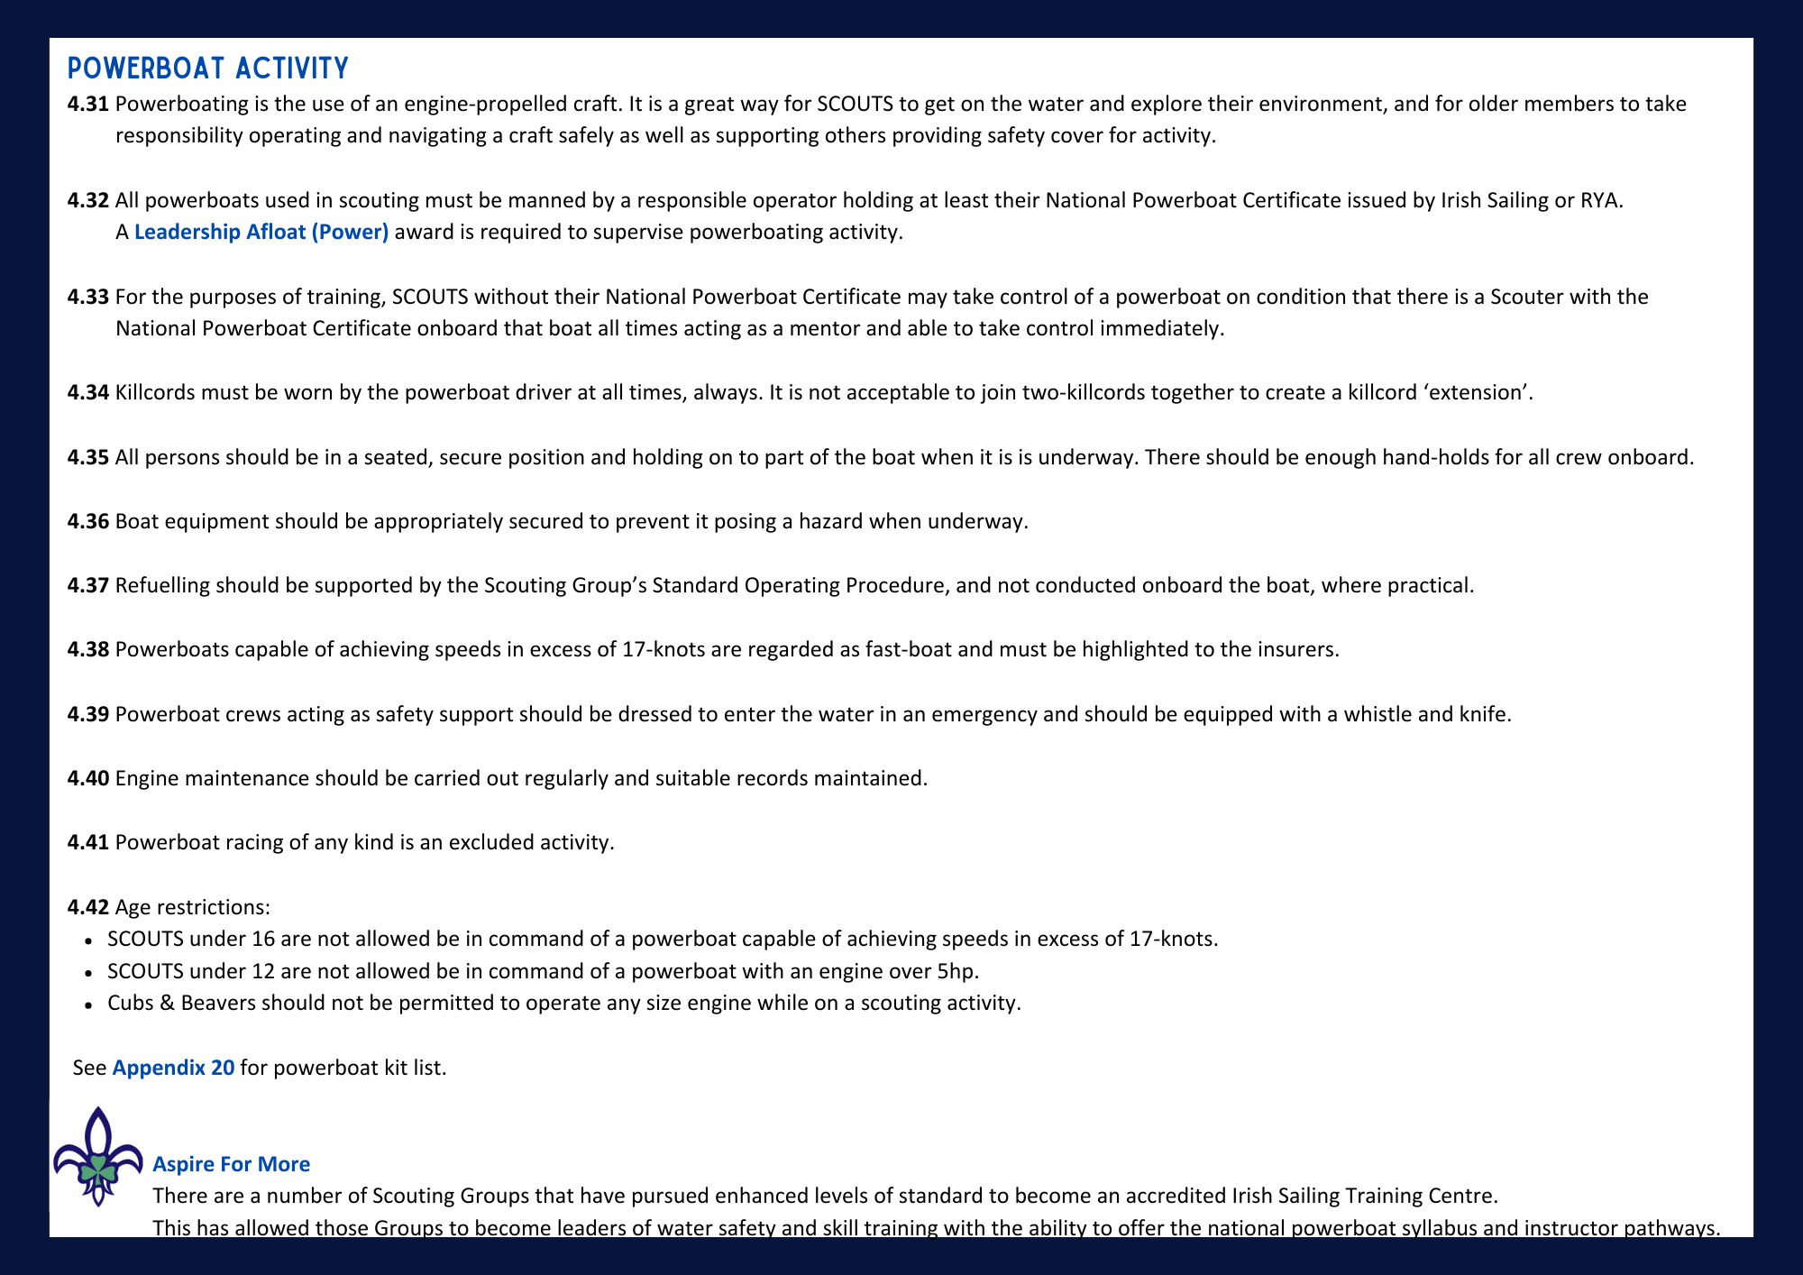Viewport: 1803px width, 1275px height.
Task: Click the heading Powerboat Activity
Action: tap(208, 69)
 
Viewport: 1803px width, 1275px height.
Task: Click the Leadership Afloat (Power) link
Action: tap(261, 232)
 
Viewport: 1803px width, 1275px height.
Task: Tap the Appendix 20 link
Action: tap(173, 1068)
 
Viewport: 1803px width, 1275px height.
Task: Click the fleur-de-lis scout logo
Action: tap(97, 1157)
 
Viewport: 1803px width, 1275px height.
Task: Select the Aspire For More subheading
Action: tap(232, 1164)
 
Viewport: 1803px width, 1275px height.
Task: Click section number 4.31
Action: tap(88, 104)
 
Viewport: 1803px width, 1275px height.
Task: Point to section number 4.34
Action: tap(88, 392)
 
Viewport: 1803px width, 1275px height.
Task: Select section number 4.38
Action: tap(88, 649)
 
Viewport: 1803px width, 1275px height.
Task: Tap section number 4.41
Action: tap(88, 842)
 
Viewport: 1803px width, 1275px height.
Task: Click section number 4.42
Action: tap(88, 906)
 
